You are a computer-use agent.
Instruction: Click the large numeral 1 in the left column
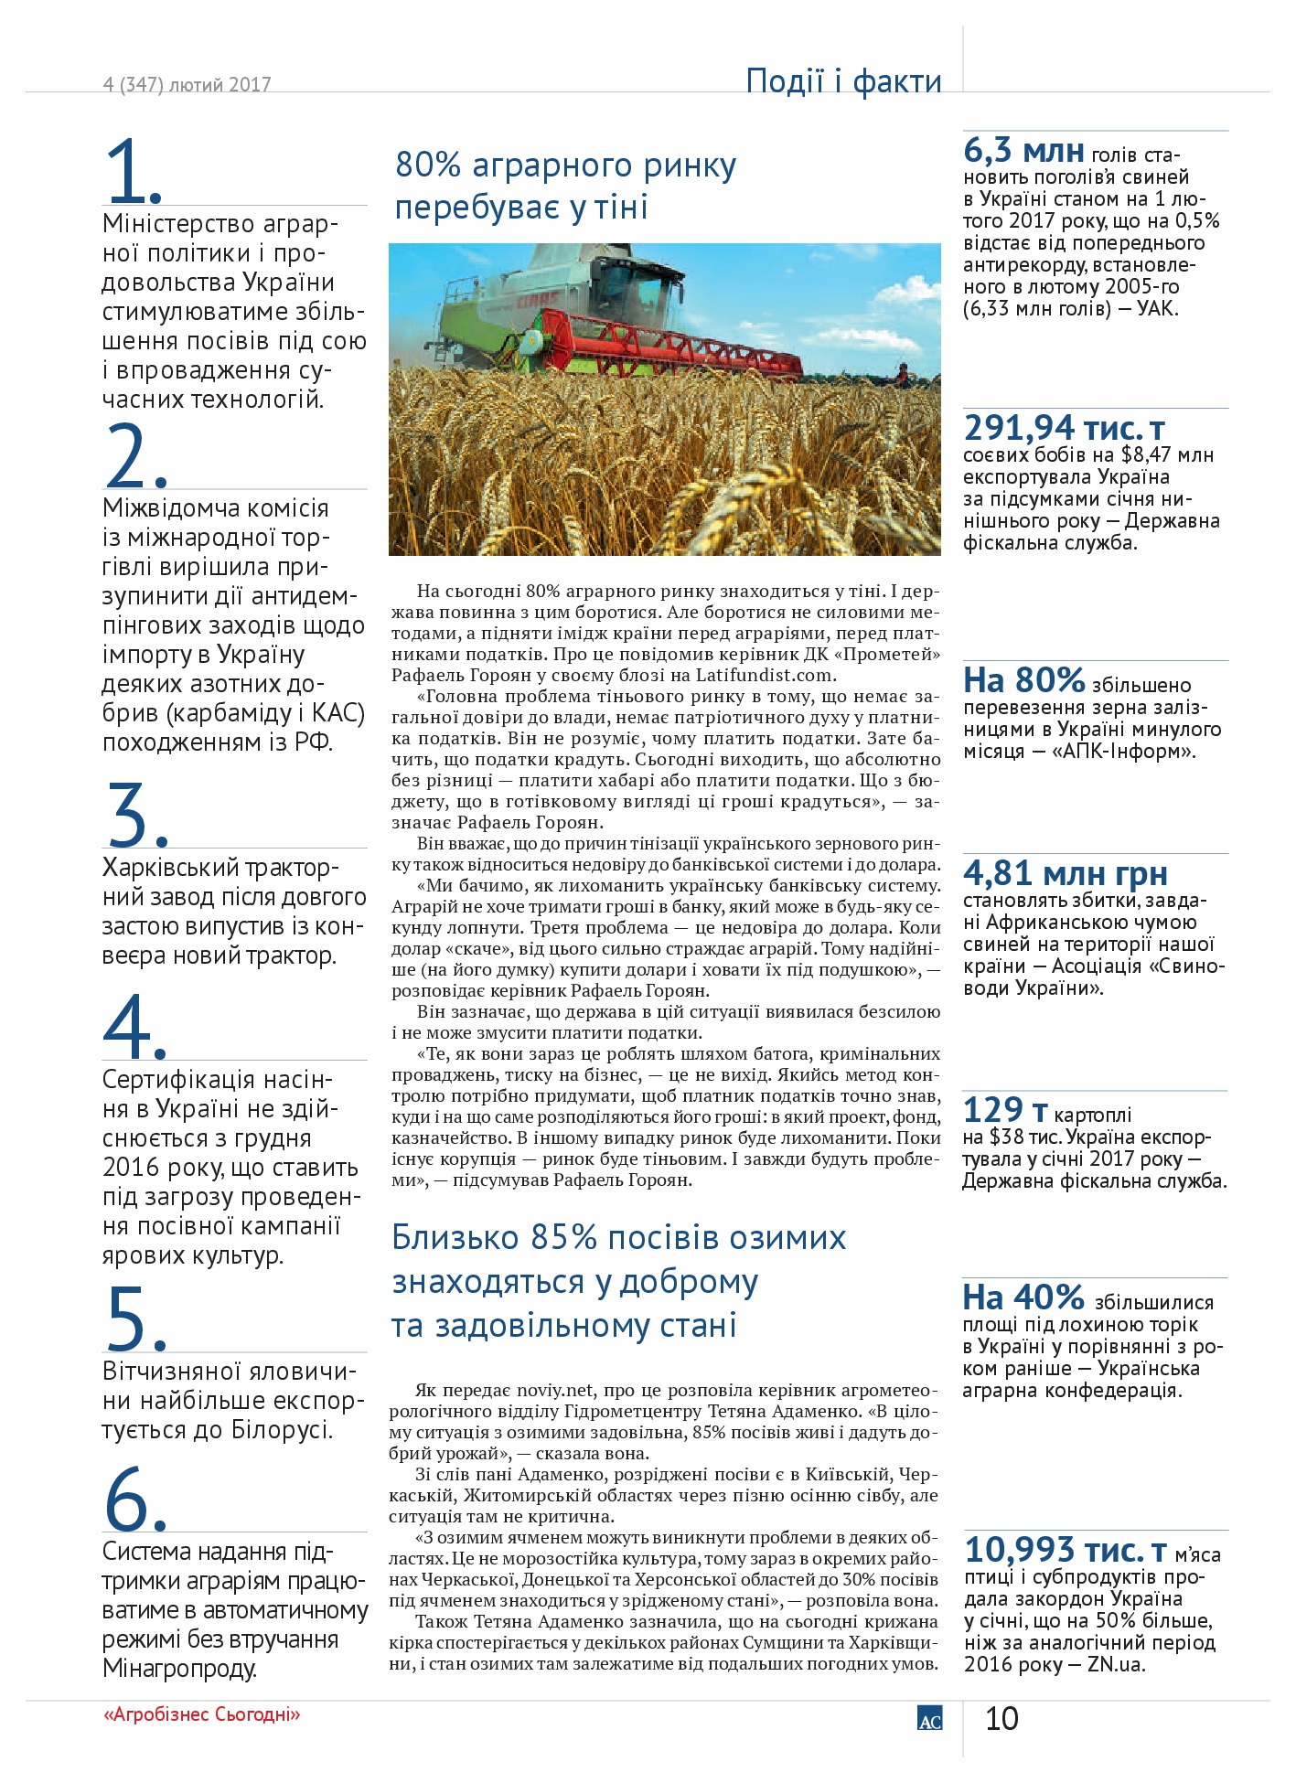point(128,171)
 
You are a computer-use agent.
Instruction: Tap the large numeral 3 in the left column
point(129,813)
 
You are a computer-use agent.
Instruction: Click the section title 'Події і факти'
point(843,80)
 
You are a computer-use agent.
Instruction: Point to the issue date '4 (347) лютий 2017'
point(187,84)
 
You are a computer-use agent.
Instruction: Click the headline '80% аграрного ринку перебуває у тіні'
point(565,186)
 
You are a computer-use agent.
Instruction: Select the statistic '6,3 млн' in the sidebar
point(1023,151)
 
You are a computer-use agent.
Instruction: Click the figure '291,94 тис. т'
point(1065,427)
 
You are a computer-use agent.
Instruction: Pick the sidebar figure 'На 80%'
point(1023,680)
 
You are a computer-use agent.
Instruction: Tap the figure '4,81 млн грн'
point(1065,873)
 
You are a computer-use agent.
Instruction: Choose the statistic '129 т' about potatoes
point(1005,1110)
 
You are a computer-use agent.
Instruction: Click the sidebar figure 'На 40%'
point(1023,1297)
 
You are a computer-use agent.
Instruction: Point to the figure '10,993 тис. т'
point(1066,1550)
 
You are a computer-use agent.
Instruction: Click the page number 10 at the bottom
point(1001,1718)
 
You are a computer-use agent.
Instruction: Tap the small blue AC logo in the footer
point(929,1718)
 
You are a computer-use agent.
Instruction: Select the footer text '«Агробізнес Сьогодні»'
point(201,1714)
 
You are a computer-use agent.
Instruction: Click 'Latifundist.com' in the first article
point(765,675)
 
